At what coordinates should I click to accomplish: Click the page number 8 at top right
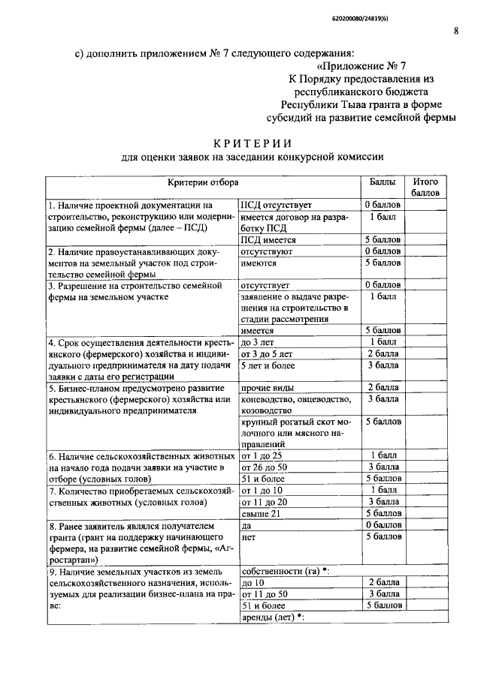click(456, 30)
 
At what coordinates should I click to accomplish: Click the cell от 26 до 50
click(265, 467)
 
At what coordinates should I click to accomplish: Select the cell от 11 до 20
click(265, 501)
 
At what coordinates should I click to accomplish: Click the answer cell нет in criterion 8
click(248, 536)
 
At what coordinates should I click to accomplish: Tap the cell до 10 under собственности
click(253, 583)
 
